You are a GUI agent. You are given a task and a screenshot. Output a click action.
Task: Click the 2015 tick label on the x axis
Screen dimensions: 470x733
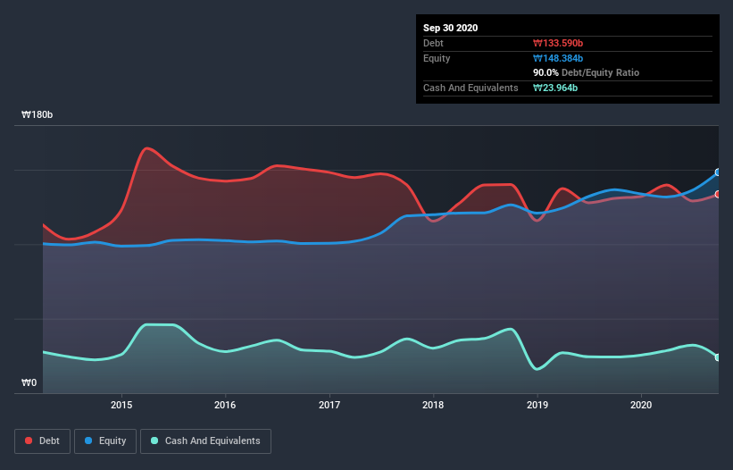[x=121, y=405]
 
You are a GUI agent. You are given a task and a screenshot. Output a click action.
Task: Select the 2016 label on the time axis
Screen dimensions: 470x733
[x=226, y=405]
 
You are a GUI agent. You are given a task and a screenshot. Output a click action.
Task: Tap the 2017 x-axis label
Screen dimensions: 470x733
[x=329, y=405]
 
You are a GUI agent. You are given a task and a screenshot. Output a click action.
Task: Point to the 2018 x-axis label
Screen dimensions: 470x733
[x=433, y=405]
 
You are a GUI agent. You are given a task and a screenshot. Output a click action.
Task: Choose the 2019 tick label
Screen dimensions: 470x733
[x=537, y=405]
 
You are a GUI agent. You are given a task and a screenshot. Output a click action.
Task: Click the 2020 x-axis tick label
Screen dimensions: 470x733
[x=641, y=405]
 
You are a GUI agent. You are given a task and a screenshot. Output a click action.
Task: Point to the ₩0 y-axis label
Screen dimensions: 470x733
[x=29, y=383]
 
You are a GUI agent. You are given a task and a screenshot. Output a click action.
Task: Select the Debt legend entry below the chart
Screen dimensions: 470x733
[x=42, y=441]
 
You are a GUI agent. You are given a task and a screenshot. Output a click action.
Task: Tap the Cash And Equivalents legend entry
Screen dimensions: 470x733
[x=205, y=441]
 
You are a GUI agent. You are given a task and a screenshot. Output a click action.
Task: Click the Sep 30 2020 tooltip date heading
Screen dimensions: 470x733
[x=450, y=28]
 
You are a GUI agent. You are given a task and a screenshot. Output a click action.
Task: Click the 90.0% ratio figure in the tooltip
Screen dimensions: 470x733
[x=546, y=72]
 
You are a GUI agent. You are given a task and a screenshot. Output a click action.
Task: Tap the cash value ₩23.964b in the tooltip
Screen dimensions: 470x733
[x=559, y=88]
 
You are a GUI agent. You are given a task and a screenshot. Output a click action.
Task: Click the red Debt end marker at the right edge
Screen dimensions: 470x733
[x=718, y=194]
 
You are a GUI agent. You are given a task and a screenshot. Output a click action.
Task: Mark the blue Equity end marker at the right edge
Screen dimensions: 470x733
[x=718, y=172]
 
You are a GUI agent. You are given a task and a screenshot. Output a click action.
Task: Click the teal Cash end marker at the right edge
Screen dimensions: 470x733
[x=718, y=357]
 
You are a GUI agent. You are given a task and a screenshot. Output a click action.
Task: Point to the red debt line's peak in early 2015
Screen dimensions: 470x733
[x=146, y=148]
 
